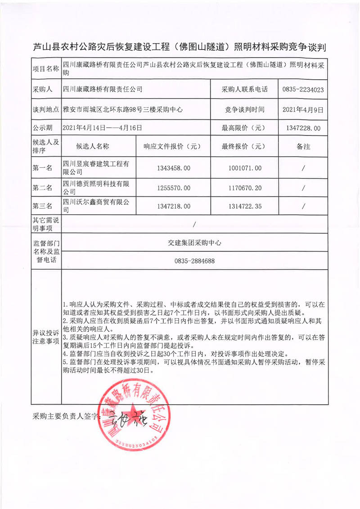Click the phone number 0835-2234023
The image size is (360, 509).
(303, 90)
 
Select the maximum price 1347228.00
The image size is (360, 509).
(303, 128)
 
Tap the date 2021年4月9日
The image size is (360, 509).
(303, 109)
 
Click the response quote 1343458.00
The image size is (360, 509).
(173, 168)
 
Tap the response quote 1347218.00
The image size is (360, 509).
(173, 206)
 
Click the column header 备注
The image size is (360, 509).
(303, 147)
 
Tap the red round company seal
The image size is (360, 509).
(135, 415)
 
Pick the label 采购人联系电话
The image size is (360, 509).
(244, 90)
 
